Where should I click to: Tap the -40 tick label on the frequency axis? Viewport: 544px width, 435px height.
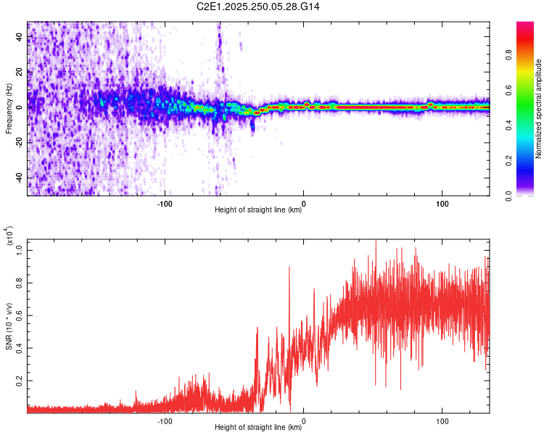coord(20,178)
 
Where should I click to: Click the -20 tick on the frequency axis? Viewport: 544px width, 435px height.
coord(20,142)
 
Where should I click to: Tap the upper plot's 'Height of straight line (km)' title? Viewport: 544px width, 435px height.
coord(258,210)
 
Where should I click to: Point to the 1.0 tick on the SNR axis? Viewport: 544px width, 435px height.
coord(20,250)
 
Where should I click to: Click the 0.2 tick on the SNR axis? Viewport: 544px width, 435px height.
coord(20,380)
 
